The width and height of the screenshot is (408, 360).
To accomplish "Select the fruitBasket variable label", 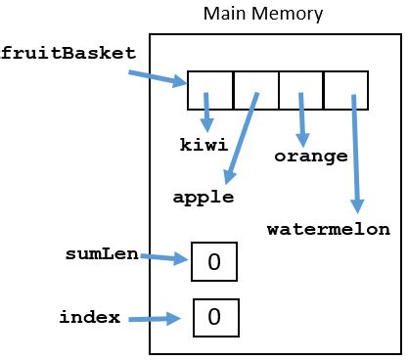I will click(67, 53).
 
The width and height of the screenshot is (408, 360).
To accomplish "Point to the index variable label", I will click(90, 317).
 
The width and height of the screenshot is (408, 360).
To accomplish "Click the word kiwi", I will click(204, 145).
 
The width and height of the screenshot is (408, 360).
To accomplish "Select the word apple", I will click(203, 197).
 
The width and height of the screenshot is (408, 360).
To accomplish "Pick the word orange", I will click(310, 156).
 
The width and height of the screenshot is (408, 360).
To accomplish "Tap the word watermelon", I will click(328, 230).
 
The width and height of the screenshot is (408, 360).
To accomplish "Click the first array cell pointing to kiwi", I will click(210, 90).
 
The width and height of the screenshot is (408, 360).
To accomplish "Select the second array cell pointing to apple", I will click(255, 90).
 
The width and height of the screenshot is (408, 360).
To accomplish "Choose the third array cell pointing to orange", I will click(300, 90).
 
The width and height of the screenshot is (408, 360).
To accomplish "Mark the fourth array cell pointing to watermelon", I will click(345, 90).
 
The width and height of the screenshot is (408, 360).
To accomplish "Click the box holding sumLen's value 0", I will click(214, 262).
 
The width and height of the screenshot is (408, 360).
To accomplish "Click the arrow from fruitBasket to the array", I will click(157, 76).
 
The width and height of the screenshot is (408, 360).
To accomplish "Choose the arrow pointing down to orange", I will click(303, 119).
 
